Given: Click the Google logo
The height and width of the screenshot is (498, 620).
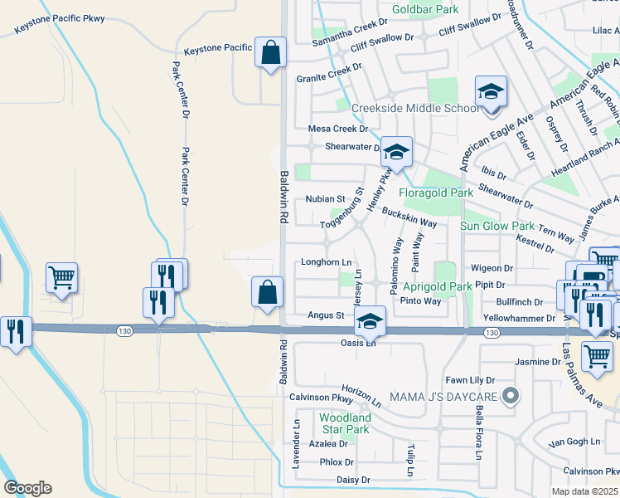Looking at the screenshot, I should [x=27, y=488].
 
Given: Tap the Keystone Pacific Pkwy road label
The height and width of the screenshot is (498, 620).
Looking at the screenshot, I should [x=60, y=22].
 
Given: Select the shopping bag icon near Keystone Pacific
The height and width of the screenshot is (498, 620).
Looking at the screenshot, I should [x=270, y=54].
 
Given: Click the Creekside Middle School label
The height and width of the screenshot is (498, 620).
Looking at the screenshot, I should [x=415, y=109].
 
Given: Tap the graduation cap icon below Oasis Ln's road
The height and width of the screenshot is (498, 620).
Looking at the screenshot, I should [x=371, y=321].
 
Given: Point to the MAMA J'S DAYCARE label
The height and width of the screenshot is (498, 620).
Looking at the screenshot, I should [x=447, y=394].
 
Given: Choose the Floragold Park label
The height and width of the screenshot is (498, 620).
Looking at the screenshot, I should [x=435, y=193].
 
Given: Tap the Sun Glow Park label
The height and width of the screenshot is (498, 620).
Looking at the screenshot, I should [x=497, y=226].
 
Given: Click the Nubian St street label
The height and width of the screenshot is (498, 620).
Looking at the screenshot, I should [x=326, y=199].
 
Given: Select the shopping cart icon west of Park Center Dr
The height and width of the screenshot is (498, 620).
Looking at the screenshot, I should [x=62, y=278].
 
